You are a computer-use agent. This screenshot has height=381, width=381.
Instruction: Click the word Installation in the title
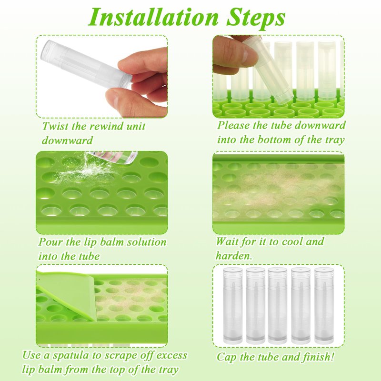[153, 18]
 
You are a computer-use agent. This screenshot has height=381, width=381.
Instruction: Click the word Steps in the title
[256, 18]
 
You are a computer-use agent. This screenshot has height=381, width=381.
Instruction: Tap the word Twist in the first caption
[55, 126]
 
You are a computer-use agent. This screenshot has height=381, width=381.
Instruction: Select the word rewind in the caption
[104, 126]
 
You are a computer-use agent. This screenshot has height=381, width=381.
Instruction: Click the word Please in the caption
[233, 125]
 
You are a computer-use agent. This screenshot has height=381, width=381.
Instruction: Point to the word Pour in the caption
[50, 242]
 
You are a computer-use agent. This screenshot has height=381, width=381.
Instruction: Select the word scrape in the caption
[120, 356]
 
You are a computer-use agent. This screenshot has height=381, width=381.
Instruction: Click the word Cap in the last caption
[226, 357]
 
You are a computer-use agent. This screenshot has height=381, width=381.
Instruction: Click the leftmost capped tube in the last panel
[232, 306]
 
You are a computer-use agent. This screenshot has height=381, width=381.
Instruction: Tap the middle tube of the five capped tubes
[278, 306]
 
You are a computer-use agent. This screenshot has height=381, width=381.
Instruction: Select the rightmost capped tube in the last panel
[324, 306]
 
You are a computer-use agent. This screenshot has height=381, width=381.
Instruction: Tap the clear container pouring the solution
[112, 157]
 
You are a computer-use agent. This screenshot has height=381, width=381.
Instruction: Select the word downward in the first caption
[67, 140]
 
